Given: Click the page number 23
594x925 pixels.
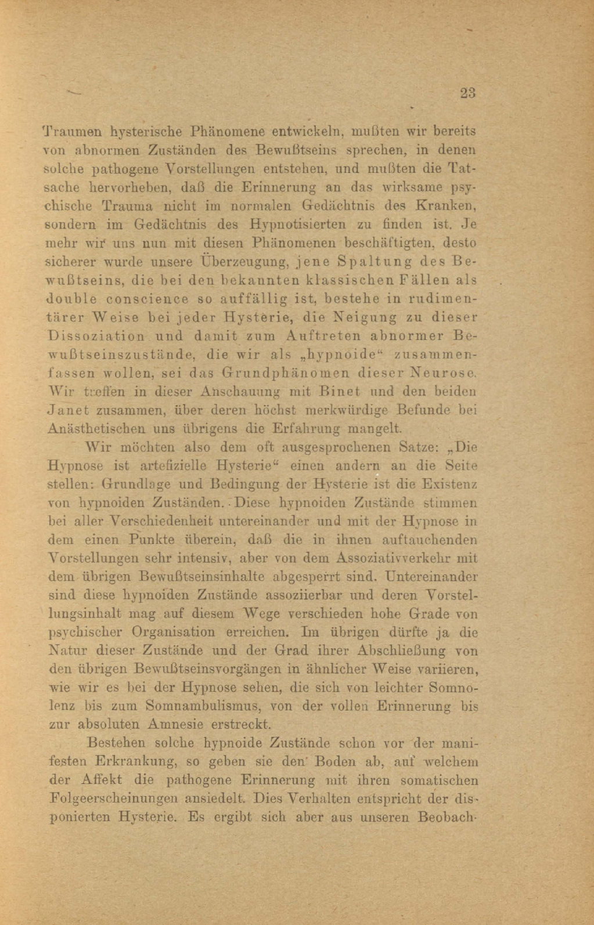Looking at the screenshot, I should [x=467, y=93].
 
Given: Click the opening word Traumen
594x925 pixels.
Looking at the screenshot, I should [x=73, y=131].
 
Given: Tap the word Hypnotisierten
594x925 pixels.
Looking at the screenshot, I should [x=297, y=225].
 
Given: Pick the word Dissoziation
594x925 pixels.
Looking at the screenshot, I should [x=97, y=336].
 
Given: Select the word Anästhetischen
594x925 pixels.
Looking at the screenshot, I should [x=98, y=429].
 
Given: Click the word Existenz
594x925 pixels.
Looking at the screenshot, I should [x=449, y=484].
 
